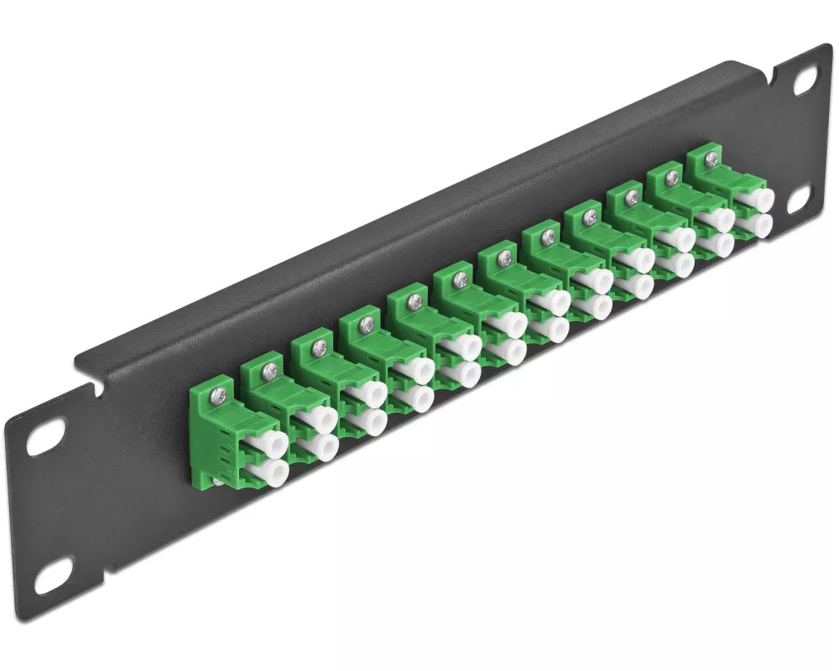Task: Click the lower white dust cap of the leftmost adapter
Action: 274,471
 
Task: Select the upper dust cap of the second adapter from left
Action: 323,418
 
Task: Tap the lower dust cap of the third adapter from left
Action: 371,422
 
